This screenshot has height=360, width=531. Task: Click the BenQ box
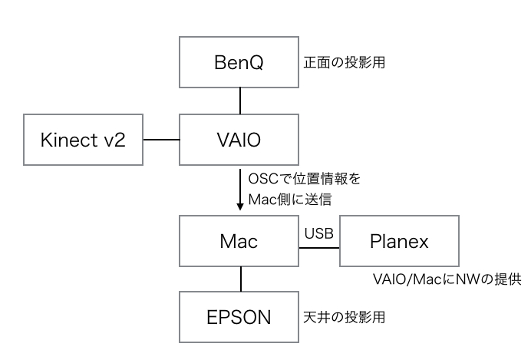click(239, 62)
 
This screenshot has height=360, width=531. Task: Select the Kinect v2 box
click(84, 140)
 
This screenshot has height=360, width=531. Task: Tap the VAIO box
click(239, 140)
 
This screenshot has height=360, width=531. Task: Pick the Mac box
click(239, 241)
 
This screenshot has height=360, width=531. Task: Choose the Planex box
click(399, 241)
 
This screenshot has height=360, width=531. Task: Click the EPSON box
click(239, 317)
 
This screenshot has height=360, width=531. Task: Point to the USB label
click(318, 233)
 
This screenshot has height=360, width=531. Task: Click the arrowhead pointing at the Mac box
click(240, 206)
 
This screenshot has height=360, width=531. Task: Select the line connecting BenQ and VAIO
click(240, 101)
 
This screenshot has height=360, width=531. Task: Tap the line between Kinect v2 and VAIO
click(161, 140)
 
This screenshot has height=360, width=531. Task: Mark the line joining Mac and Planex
click(319, 248)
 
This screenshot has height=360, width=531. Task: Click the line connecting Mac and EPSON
click(241, 279)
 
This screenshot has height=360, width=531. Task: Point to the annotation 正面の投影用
click(344, 63)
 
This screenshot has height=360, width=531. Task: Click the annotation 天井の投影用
click(344, 317)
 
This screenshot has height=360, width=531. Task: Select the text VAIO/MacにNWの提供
click(447, 279)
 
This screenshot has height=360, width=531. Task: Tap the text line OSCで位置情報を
click(304, 179)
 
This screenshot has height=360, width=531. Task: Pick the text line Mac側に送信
click(290, 200)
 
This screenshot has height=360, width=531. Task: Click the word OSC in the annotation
click(263, 179)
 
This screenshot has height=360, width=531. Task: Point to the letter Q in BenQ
click(257, 63)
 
